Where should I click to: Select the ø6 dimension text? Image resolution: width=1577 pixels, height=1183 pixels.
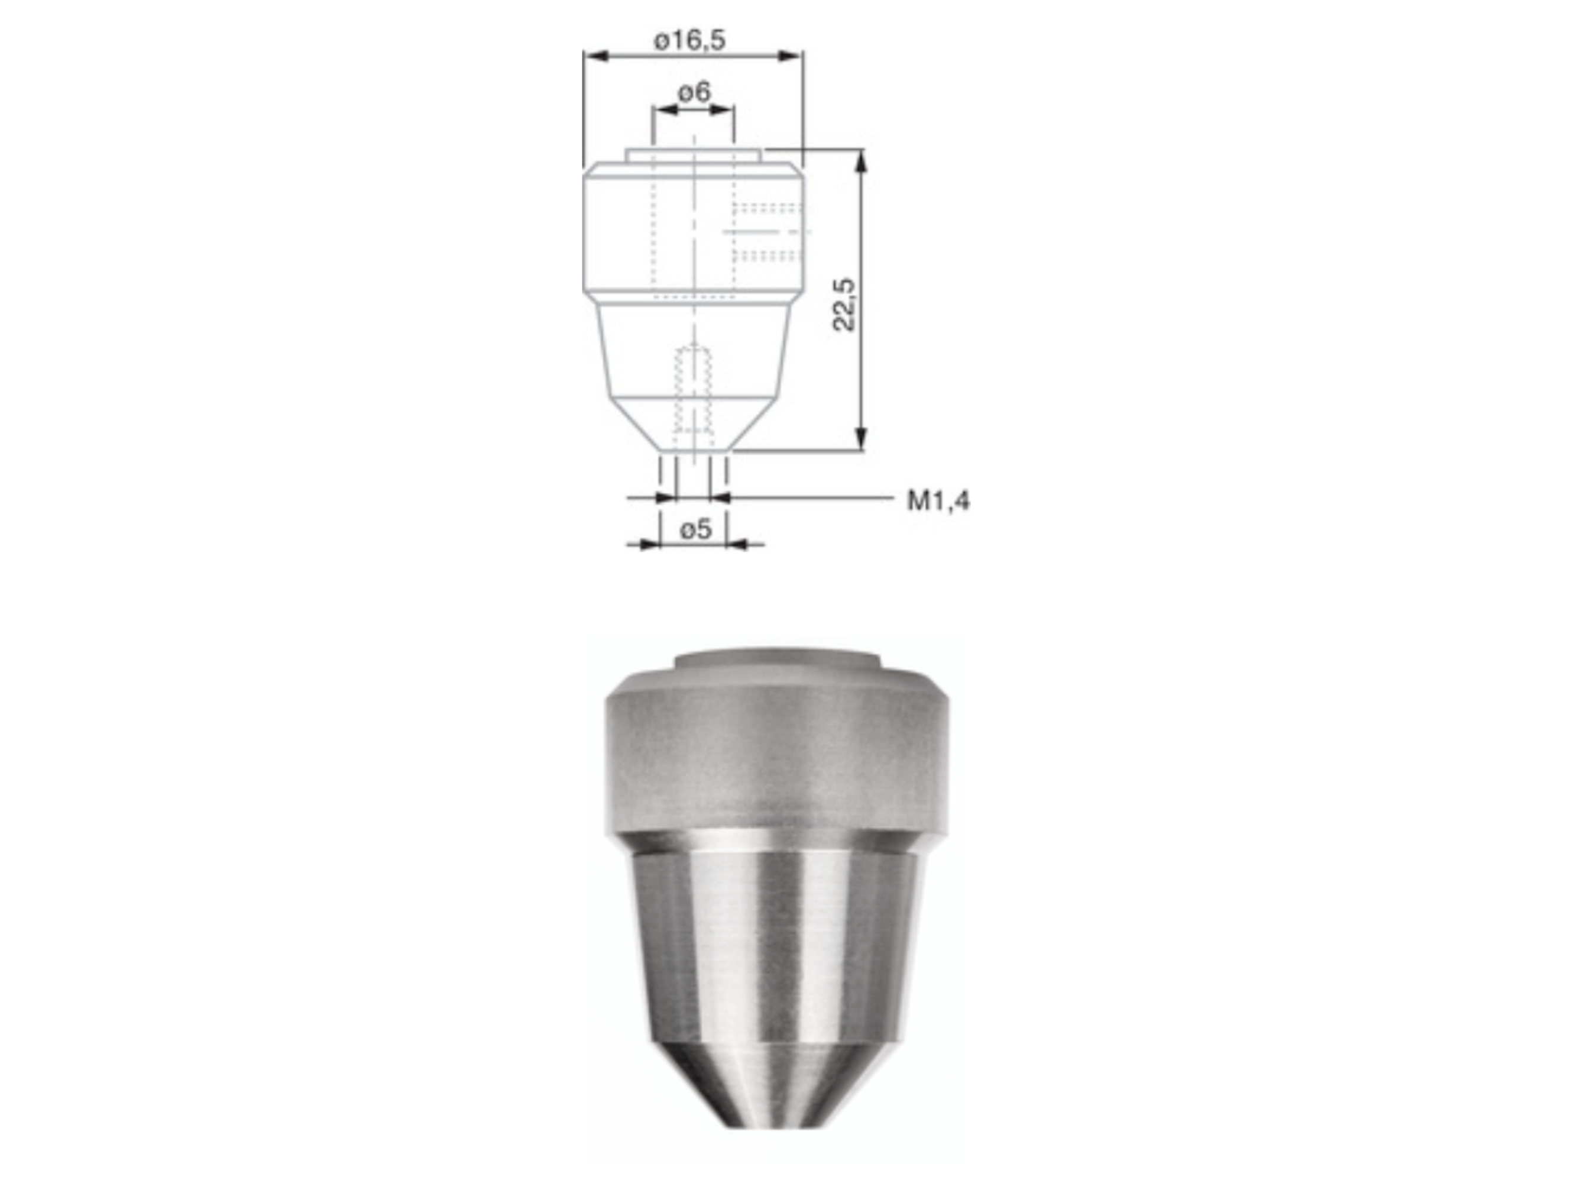[x=694, y=92]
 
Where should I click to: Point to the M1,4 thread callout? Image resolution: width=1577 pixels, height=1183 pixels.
[x=937, y=501]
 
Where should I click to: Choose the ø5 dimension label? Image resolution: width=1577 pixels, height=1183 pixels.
[x=695, y=530]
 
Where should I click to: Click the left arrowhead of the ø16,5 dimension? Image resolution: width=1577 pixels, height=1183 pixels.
[x=595, y=56]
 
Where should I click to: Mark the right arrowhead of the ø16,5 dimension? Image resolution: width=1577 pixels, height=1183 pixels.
[x=791, y=56]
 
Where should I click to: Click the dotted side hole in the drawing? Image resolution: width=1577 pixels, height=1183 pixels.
[x=767, y=232]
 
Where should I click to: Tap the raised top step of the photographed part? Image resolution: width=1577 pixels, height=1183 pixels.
[x=777, y=660]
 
